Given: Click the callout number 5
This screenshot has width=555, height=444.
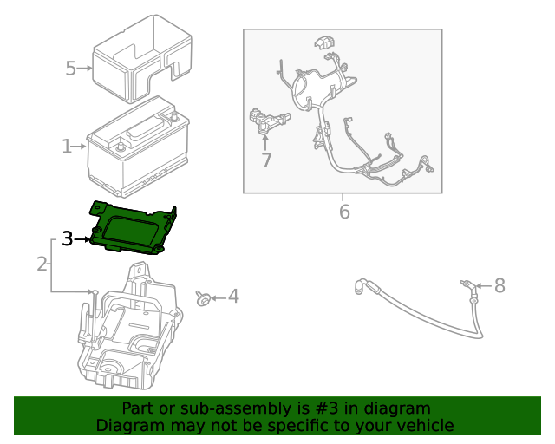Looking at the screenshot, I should point(72,67).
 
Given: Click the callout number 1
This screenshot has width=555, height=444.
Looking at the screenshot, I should point(67,147).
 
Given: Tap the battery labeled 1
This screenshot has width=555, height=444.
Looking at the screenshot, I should point(139,152).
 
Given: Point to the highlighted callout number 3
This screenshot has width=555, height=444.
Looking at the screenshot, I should point(67,238).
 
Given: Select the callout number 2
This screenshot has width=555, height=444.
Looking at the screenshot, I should point(42,264).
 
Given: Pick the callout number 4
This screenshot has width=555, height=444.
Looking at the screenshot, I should point(232,297).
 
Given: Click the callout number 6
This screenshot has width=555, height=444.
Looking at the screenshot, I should point(343,212).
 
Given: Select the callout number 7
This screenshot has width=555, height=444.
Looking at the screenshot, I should point(266,160).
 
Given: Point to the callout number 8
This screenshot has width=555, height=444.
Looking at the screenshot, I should point(499,284).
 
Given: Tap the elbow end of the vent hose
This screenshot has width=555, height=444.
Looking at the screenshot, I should point(360,285).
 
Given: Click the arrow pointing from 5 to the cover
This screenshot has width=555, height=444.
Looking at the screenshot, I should point(86,67).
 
